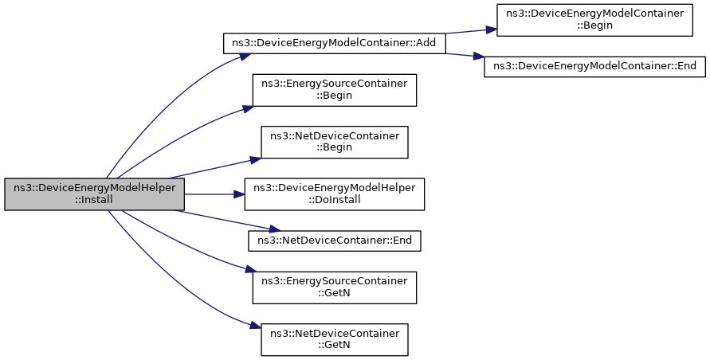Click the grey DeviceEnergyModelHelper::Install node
(95, 194)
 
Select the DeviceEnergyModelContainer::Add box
(335, 44)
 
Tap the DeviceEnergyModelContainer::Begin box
(594, 19)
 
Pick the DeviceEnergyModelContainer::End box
(594, 67)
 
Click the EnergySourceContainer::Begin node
(334, 90)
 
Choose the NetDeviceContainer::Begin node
(334, 143)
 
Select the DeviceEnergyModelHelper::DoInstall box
(334, 194)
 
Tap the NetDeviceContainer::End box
(334, 241)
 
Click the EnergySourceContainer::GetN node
(334, 288)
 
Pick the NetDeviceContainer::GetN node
(334, 339)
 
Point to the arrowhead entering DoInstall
(239, 194)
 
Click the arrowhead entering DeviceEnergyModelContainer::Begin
(492, 29)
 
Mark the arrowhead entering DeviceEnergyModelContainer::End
(479, 57)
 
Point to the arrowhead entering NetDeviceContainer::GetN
(256, 326)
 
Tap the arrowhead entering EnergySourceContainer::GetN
(252, 272)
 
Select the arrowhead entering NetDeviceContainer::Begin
(255, 159)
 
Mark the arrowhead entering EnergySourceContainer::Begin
(247, 108)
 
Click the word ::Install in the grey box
(94, 200)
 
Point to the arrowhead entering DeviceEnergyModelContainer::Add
(245, 57)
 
